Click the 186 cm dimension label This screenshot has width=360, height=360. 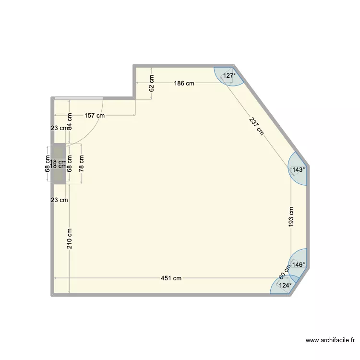[x=184, y=84]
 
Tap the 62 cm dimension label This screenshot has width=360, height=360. [x=152, y=83]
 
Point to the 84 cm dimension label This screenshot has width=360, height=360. [x=70, y=121]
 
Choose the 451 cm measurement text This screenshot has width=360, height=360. [x=171, y=278]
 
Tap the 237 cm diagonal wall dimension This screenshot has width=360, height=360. [x=257, y=126]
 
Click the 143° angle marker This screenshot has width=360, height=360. [x=299, y=169]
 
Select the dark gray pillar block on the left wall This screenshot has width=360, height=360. [x=60, y=163]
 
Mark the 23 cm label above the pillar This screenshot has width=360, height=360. [x=60, y=128]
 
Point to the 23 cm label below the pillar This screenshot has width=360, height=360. [x=60, y=200]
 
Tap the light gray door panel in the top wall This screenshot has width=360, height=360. [x=79, y=98]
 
